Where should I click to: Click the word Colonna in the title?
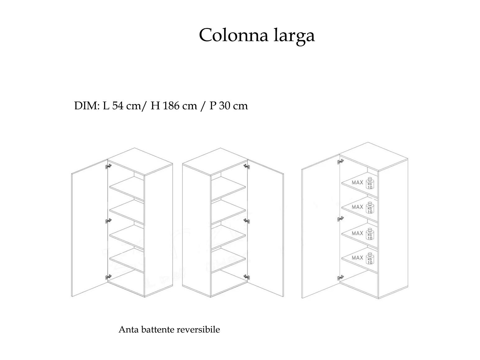point(234,35)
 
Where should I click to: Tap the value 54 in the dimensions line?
point(118,106)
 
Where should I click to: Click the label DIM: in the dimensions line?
point(87,106)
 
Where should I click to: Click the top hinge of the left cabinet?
point(108,166)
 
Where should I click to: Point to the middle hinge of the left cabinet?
point(108,221)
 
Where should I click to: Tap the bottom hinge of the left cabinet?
point(108,277)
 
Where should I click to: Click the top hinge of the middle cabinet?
point(247,166)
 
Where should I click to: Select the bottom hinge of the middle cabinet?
point(247,277)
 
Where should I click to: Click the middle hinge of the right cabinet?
point(341,219)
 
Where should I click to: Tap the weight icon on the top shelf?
point(370,183)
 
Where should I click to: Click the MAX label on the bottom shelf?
point(357,258)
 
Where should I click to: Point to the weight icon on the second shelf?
point(370,208)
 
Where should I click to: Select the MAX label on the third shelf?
point(357,233)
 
